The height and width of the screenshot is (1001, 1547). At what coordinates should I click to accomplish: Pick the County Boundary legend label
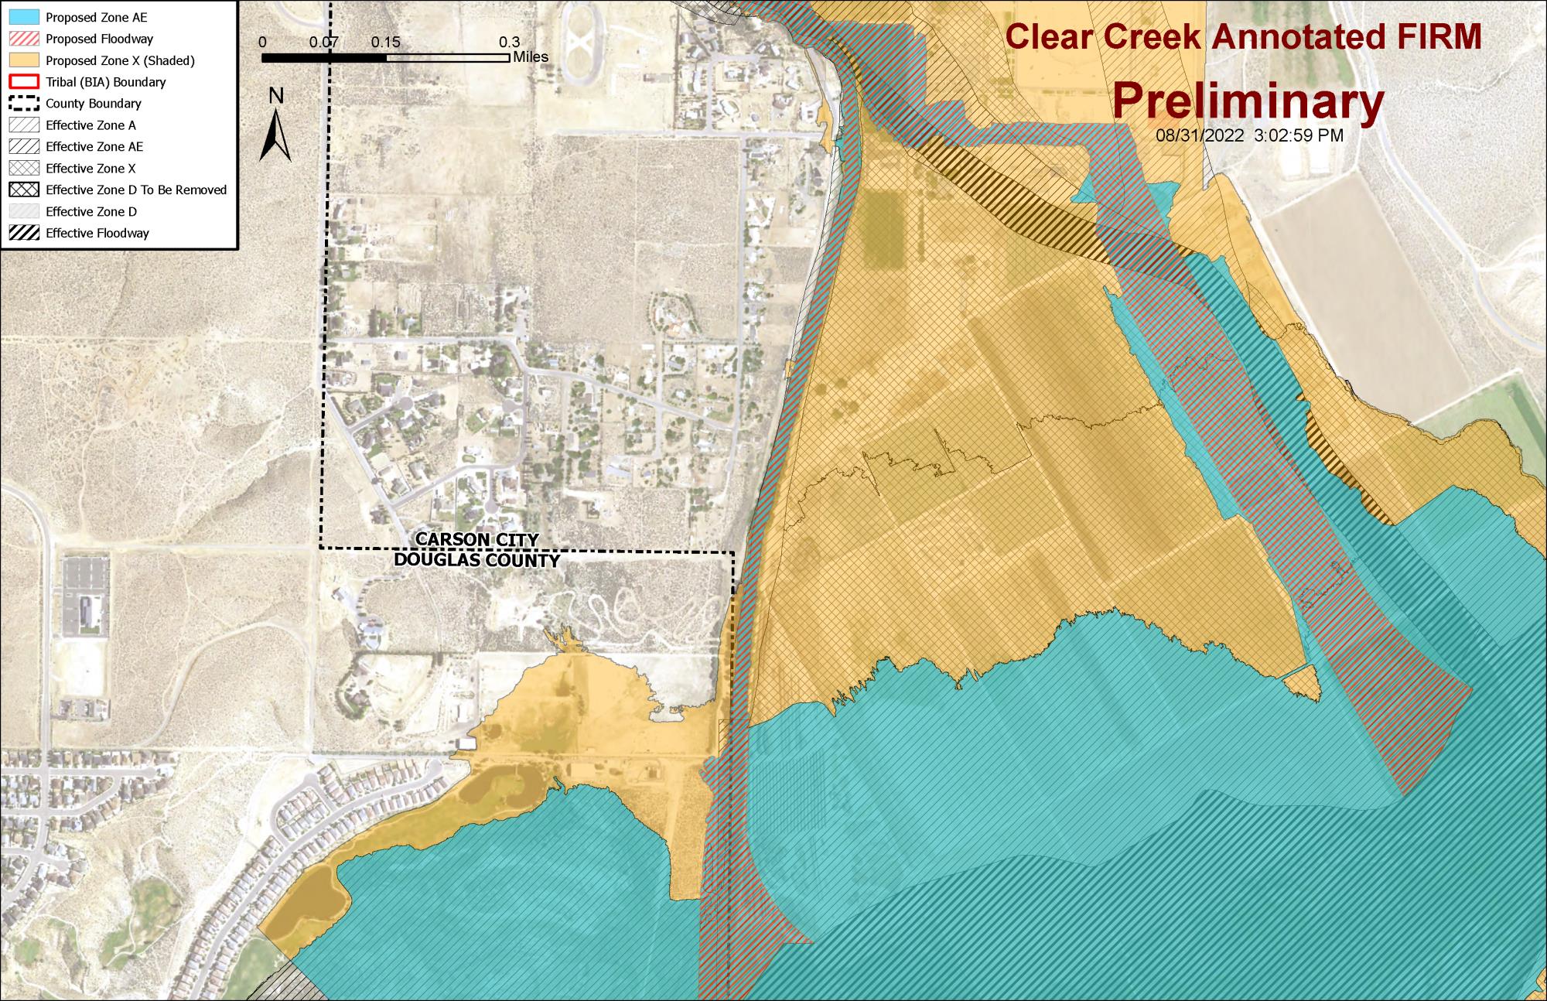point(93,104)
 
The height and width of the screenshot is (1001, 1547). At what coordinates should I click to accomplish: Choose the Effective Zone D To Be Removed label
point(136,190)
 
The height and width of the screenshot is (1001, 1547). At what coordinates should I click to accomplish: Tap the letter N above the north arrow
point(276,95)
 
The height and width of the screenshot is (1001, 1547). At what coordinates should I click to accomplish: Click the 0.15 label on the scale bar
point(385,43)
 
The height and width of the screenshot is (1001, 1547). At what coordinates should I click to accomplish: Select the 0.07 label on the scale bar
point(324,43)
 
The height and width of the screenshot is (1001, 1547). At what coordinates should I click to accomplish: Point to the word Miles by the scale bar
point(531,57)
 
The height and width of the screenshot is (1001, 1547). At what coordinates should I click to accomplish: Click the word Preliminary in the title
point(1248,101)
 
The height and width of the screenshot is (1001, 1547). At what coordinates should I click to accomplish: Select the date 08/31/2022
point(1200,136)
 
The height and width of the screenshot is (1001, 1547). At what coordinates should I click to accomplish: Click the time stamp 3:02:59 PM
point(1299,136)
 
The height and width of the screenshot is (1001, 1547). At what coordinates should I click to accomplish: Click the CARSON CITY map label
point(476,540)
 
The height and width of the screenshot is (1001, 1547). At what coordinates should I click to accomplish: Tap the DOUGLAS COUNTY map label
point(476,560)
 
